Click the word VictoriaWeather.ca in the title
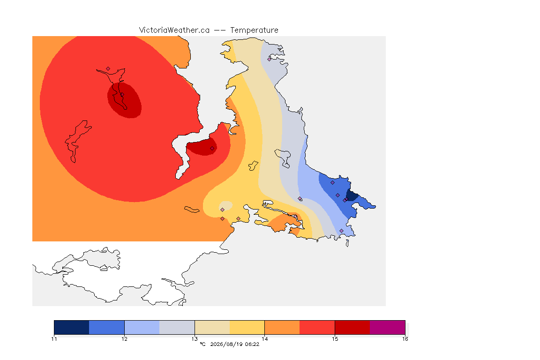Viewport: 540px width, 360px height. tap(174, 30)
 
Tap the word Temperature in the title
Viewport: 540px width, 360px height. tap(254, 30)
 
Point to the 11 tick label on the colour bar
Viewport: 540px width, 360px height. tap(54, 339)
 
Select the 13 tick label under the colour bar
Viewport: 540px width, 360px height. tap(195, 339)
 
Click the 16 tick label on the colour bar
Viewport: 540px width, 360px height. tap(405, 339)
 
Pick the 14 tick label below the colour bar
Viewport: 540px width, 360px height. tap(264, 339)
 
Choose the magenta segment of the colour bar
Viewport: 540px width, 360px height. tap(388, 327)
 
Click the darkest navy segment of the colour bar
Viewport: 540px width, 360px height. tap(72, 327)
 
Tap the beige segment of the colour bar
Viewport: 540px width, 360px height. tap(212, 327)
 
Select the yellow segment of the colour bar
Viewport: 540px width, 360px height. tap(247, 327)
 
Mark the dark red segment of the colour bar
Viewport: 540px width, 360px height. tap(352, 327)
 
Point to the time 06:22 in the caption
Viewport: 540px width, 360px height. tap(252, 344)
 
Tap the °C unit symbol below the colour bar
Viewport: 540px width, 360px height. tap(203, 344)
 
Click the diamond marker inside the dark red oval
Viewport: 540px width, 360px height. tap(122, 95)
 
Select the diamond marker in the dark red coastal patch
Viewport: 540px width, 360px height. tap(212, 149)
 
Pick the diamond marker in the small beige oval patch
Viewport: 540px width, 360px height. tap(223, 210)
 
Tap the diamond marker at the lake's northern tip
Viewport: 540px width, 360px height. tap(108, 69)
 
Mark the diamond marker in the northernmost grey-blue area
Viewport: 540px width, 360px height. tap(270, 59)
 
